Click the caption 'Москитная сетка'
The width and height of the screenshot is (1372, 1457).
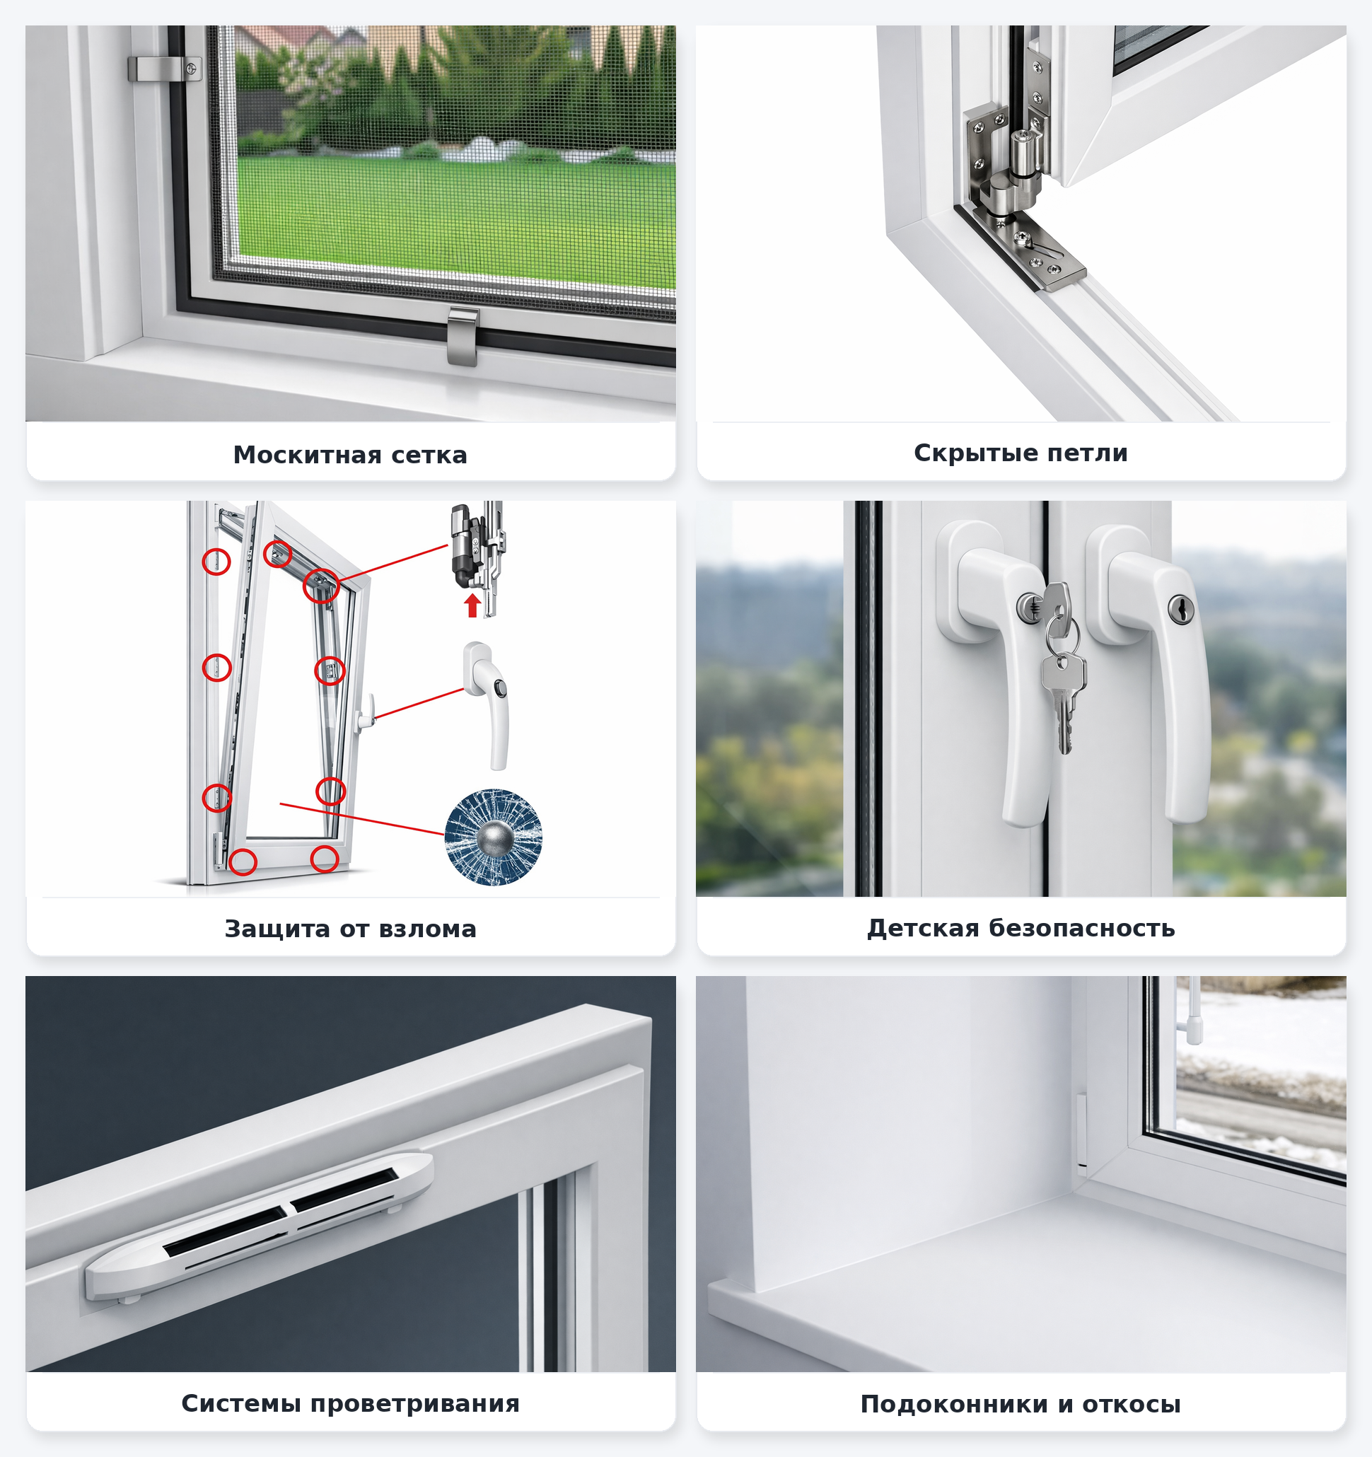[x=350, y=454]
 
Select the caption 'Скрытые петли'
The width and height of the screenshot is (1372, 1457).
[x=1021, y=453]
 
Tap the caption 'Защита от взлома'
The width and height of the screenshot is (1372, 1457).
[x=350, y=929]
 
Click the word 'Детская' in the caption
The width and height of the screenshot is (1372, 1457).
[x=924, y=928]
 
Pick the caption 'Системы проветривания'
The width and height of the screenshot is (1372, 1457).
[x=350, y=1403]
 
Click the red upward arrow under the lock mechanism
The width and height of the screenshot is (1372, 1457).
[x=472, y=605]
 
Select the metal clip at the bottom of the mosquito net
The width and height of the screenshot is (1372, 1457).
[x=463, y=337]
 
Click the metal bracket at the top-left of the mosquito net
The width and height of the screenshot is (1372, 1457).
[x=165, y=69]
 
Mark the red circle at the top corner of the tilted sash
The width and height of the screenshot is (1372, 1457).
[x=321, y=586]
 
